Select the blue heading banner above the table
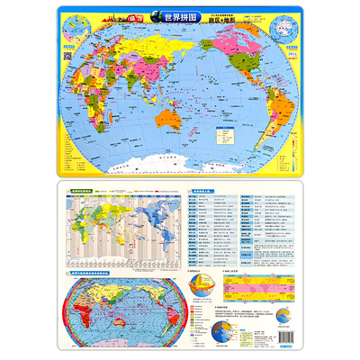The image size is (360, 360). point(200,192)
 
